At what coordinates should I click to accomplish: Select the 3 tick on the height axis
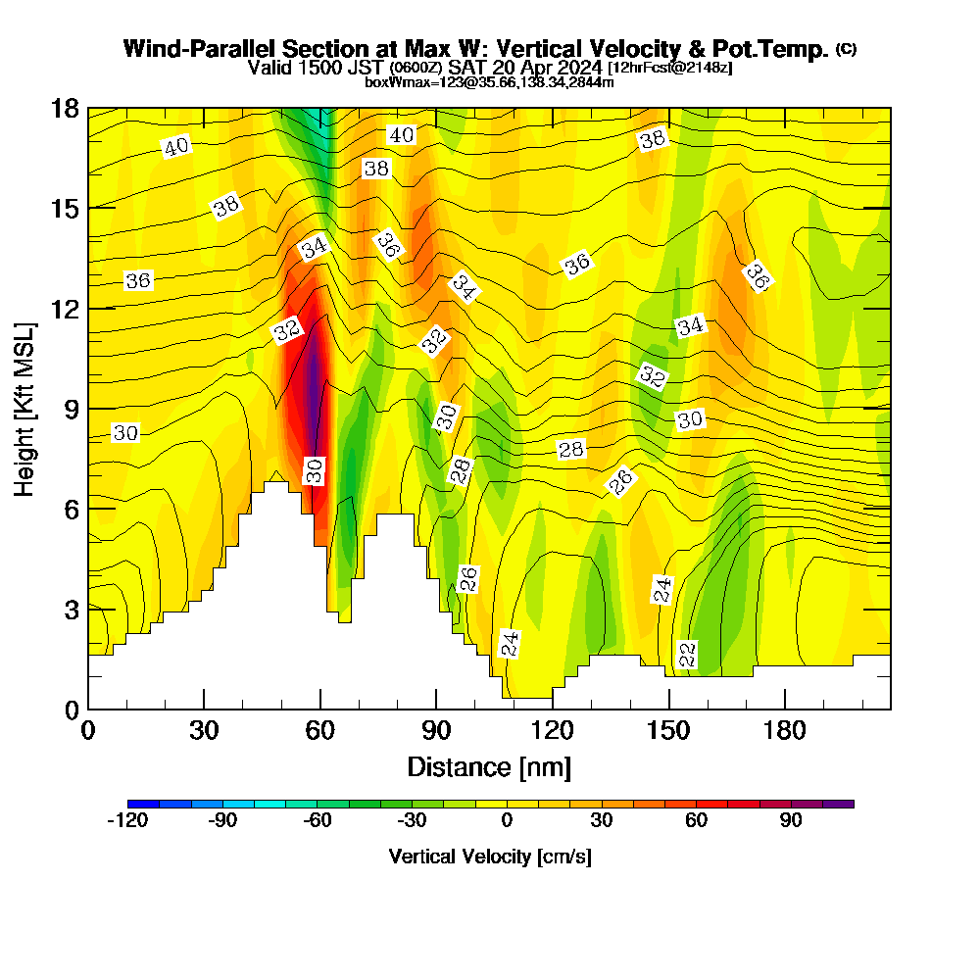point(70,609)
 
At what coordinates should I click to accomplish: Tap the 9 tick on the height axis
point(70,409)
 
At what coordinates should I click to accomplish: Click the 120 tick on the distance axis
point(552,731)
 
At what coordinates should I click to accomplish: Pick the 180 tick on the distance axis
point(784,731)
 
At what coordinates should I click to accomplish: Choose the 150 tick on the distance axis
point(668,731)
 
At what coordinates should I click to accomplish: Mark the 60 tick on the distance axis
point(319,731)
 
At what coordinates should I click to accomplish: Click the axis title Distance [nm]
point(489,765)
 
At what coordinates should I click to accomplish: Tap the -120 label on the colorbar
point(126,821)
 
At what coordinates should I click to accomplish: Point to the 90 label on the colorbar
point(792,821)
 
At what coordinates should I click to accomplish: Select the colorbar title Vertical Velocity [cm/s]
point(490,857)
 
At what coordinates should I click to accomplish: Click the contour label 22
point(687,654)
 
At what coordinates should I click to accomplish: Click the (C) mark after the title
point(847,49)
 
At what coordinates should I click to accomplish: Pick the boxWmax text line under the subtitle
point(489,82)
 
